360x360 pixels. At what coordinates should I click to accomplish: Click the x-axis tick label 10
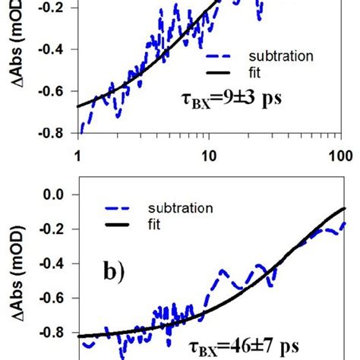[208, 156]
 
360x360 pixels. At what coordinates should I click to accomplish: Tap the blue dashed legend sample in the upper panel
[223, 55]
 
